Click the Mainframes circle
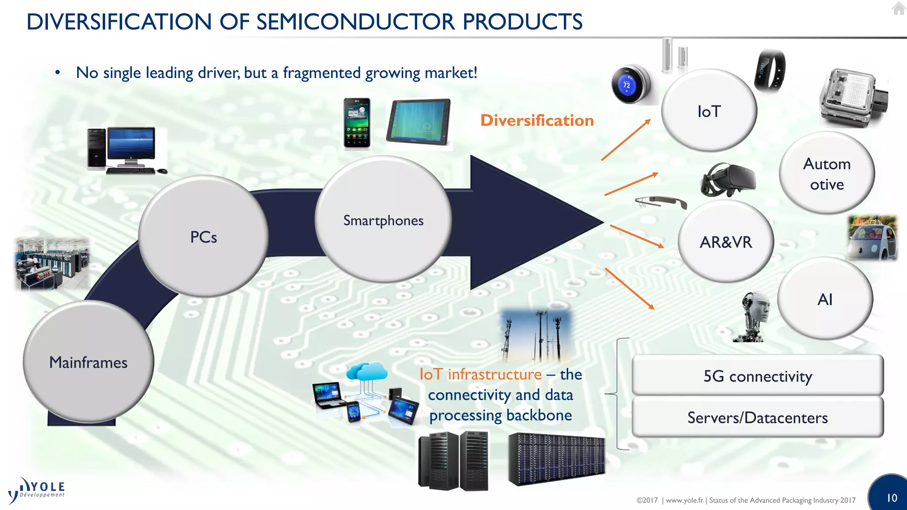(x=89, y=362)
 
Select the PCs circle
(x=203, y=236)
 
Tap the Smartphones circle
(x=383, y=220)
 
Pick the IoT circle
(x=709, y=111)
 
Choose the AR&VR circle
(x=725, y=242)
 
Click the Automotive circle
(x=826, y=174)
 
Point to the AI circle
(x=825, y=299)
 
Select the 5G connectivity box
(x=757, y=375)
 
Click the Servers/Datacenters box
(x=757, y=417)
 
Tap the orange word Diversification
(x=537, y=120)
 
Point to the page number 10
(x=891, y=498)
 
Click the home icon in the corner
(x=899, y=8)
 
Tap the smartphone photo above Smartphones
(x=357, y=123)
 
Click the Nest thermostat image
(x=629, y=84)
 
